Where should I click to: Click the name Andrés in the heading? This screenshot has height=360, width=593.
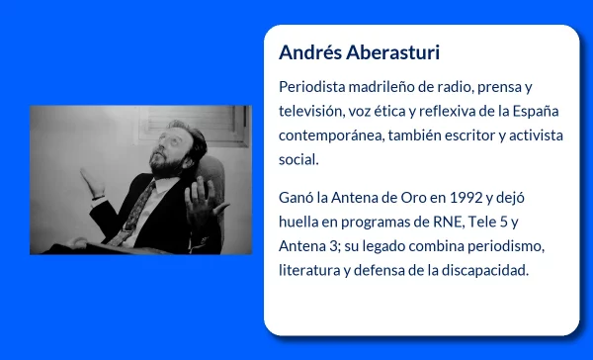pyautogui.click(x=306, y=51)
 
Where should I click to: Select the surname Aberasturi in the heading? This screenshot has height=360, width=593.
pyautogui.click(x=378, y=51)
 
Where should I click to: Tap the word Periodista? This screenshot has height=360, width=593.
pyautogui.click(x=314, y=87)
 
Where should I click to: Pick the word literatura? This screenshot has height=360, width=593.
pyautogui.click(x=308, y=270)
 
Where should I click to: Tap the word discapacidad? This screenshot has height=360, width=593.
pyautogui.click(x=484, y=270)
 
